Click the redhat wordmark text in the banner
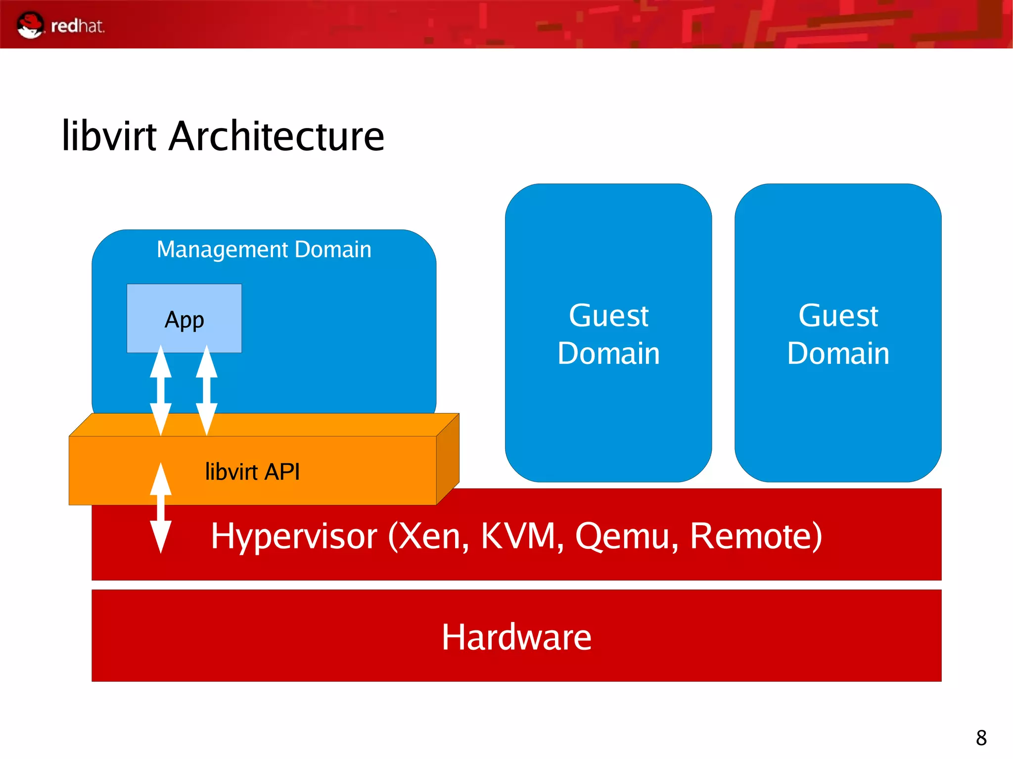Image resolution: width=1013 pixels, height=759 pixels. pos(78,26)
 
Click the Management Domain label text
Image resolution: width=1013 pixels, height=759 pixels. pos(264,249)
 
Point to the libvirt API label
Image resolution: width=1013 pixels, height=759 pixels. pos(252,472)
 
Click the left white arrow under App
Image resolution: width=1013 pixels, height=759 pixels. pos(161,391)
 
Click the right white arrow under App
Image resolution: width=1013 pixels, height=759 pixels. pos(207,391)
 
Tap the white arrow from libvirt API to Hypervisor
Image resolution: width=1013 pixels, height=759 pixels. pos(161,508)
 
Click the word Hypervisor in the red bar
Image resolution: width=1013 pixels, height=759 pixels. pos(294,536)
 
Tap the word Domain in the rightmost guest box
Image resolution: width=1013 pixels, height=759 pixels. pos(838,354)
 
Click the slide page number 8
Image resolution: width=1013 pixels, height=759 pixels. pos(981,738)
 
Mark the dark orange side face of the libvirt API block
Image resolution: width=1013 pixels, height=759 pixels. pos(448,459)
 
